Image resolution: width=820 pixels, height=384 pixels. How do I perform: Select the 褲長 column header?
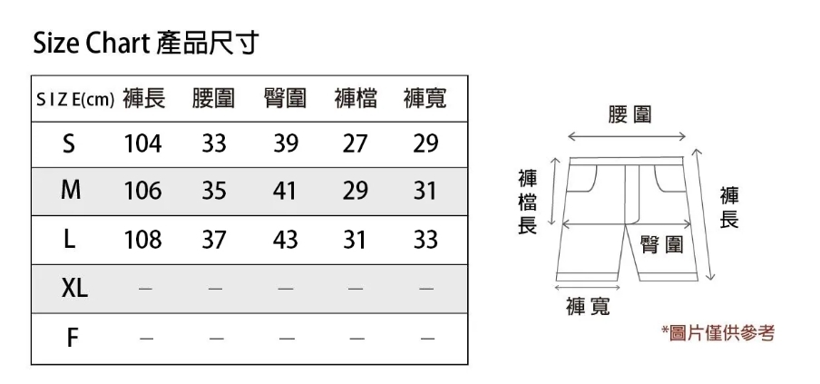click(143, 98)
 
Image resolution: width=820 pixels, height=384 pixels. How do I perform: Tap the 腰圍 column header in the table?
click(213, 98)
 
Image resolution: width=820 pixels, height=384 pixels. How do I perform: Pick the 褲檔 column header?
click(355, 98)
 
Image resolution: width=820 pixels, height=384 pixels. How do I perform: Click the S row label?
click(70, 144)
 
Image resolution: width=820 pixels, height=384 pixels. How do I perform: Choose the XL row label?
click(74, 290)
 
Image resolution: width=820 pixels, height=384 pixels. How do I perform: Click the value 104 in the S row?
click(142, 144)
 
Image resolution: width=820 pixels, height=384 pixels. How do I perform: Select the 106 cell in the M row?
click(142, 192)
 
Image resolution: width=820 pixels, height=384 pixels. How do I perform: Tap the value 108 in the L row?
click(142, 241)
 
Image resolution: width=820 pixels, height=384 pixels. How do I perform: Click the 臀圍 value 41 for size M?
click(285, 192)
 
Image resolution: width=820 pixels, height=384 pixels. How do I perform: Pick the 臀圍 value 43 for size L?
click(285, 241)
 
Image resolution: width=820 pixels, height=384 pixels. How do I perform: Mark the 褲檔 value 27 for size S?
click(355, 144)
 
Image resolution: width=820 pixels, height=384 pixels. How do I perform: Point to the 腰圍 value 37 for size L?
click(214, 241)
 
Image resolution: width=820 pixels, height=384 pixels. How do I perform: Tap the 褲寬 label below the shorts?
click(589, 307)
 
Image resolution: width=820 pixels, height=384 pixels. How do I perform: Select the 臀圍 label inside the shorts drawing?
click(662, 245)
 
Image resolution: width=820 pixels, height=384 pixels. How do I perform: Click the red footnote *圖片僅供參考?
click(717, 333)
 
